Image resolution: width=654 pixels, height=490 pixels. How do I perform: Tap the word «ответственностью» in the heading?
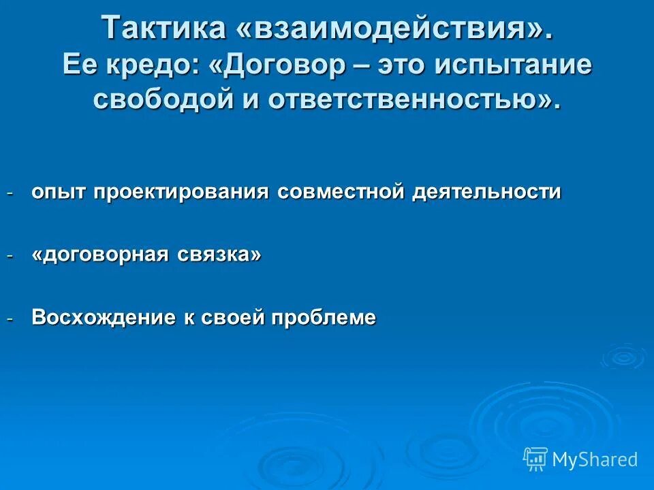[x=411, y=100]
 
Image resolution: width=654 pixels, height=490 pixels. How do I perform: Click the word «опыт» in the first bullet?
[x=59, y=193]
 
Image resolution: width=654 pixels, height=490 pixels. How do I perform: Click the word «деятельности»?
[x=486, y=193]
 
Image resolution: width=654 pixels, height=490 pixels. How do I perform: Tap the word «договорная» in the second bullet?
[x=102, y=255]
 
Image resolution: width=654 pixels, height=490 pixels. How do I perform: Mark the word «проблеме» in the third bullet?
[x=324, y=317]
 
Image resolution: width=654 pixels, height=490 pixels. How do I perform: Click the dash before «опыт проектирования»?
[x=10, y=193]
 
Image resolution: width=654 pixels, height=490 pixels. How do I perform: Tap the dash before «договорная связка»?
[x=10, y=256]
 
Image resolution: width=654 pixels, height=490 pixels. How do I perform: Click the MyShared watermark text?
[x=595, y=460]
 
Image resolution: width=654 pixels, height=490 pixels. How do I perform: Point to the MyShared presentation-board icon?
[x=535, y=459]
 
